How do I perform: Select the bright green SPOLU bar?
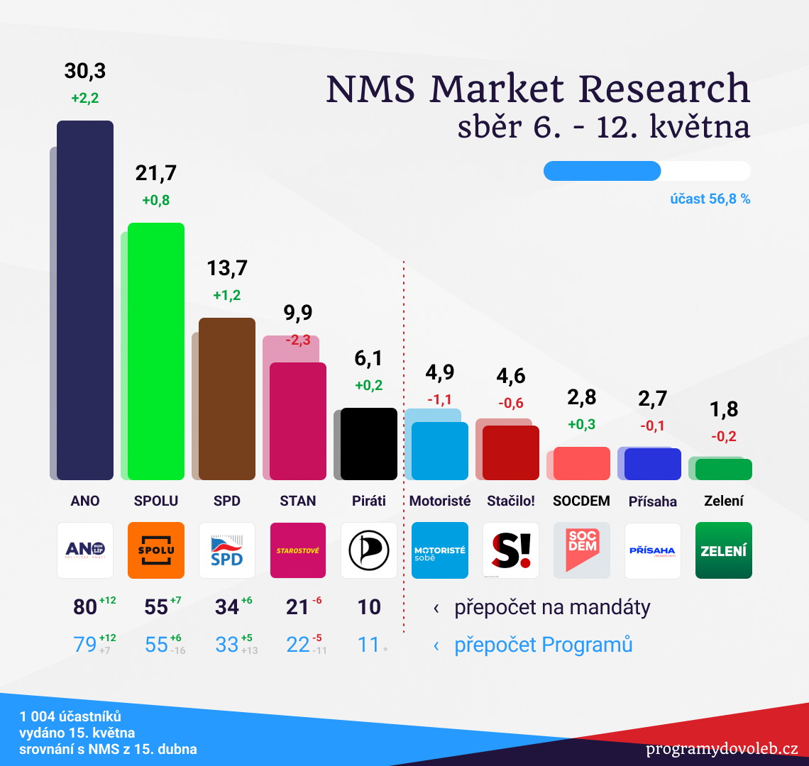click(x=156, y=351)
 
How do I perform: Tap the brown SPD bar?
click(x=227, y=399)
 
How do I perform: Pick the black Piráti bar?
click(x=369, y=444)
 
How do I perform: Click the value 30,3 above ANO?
click(x=85, y=71)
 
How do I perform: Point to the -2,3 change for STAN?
click(x=298, y=340)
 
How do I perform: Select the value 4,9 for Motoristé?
click(x=440, y=372)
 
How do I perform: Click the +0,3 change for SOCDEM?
click(x=582, y=425)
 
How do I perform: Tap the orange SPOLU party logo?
click(x=156, y=550)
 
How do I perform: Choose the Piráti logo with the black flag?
click(x=369, y=550)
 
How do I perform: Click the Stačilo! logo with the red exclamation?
click(x=511, y=550)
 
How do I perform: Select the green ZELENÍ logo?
click(x=724, y=550)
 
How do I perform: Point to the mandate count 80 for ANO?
click(x=85, y=608)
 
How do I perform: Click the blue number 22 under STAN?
click(x=298, y=645)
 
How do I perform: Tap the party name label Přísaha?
click(x=653, y=501)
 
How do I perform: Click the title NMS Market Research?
click(x=538, y=89)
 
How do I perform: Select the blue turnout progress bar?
click(x=602, y=171)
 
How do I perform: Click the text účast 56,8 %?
click(x=710, y=199)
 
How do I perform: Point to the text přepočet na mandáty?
click(x=552, y=608)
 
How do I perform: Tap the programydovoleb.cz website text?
click(x=722, y=749)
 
